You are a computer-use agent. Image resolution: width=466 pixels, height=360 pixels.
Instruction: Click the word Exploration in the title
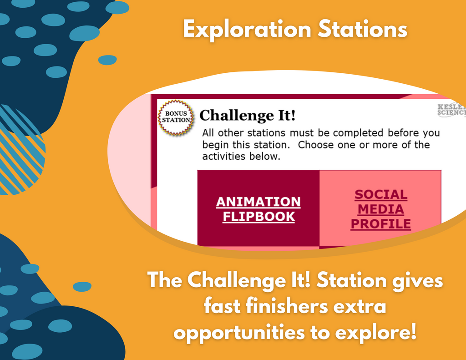click(x=247, y=30)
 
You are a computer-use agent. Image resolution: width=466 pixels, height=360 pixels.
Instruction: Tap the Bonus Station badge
click(x=176, y=117)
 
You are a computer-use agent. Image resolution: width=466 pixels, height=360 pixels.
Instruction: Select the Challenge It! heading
click(x=248, y=116)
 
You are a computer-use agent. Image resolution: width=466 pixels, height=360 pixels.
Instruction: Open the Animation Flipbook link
click(x=258, y=209)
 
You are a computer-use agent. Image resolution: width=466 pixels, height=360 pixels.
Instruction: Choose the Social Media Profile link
click(x=381, y=209)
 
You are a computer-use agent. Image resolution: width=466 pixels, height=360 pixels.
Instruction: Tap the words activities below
click(x=241, y=157)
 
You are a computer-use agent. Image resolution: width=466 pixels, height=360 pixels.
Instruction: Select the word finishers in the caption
click(x=287, y=306)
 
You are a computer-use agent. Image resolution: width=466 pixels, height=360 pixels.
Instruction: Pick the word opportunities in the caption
click(x=239, y=333)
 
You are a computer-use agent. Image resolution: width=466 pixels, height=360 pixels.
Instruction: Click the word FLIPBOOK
click(x=258, y=217)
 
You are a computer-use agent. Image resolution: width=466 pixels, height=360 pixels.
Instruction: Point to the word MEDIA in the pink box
click(x=381, y=209)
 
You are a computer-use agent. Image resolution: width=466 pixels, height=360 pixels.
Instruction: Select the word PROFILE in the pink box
click(x=381, y=224)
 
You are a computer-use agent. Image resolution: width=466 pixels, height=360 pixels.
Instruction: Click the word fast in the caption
click(x=222, y=306)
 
